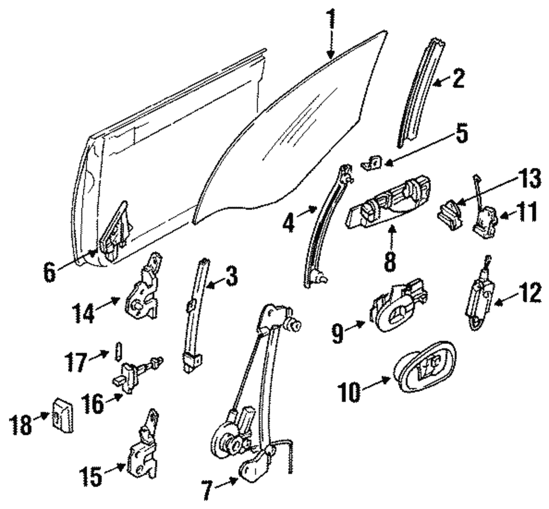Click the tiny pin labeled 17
[x=117, y=349]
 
